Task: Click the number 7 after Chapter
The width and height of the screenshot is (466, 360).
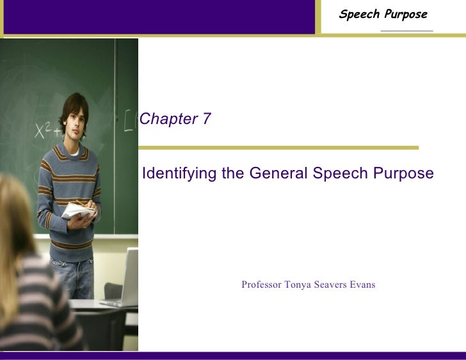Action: [x=206, y=119]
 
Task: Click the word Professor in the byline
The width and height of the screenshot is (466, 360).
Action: [x=261, y=285]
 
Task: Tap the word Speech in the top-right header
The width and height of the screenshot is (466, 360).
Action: [x=360, y=15]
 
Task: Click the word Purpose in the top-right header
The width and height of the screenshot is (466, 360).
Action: [x=406, y=15]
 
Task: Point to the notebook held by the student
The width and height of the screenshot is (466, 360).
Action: [x=77, y=210]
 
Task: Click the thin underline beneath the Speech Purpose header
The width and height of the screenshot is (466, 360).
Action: [x=406, y=30]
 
